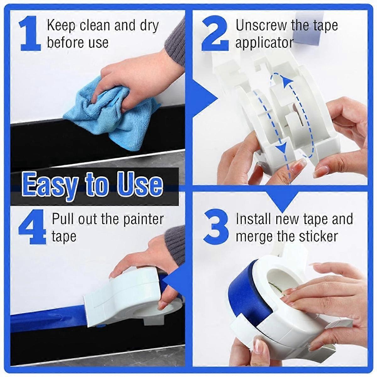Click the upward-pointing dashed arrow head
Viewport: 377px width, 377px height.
point(285,82)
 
